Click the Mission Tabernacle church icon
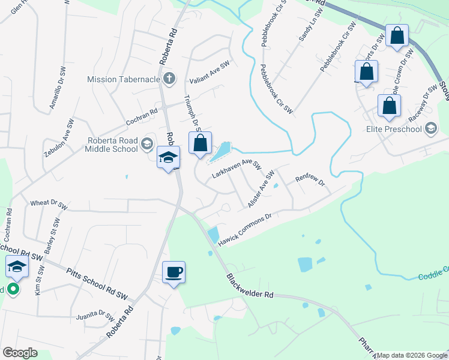(x=169, y=78)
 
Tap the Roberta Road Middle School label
(x=112, y=145)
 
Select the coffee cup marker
(x=174, y=272)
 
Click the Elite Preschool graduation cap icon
(x=431, y=128)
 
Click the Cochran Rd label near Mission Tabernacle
(x=141, y=111)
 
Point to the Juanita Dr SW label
(x=95, y=316)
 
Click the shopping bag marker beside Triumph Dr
(x=200, y=143)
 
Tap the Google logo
(x=20, y=353)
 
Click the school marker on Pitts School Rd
(x=17, y=268)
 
